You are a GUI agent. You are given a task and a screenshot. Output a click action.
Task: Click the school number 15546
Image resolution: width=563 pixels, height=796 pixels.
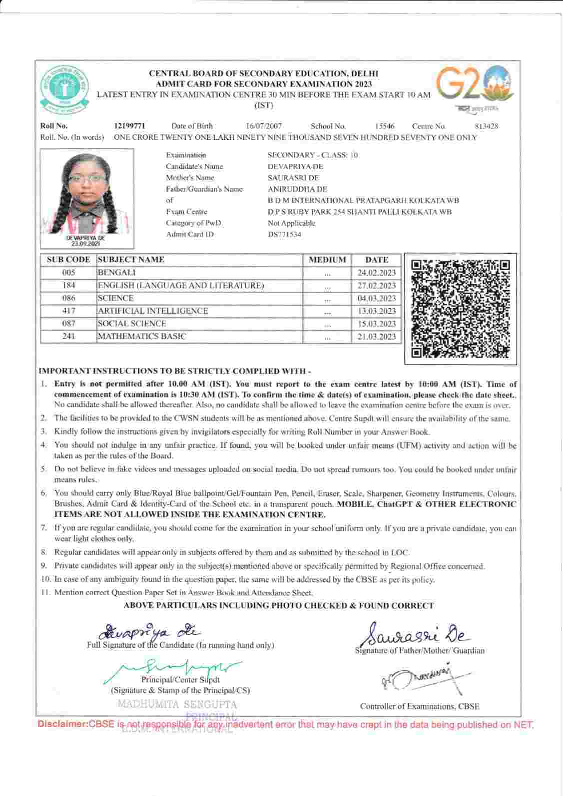[385, 126]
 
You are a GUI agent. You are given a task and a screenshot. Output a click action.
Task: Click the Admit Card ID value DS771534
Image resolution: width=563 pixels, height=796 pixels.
[285, 235]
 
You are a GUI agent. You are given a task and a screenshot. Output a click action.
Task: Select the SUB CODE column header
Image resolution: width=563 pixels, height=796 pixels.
[68, 260]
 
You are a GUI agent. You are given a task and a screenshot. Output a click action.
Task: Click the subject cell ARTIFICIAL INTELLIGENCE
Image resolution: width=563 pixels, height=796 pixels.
[153, 311]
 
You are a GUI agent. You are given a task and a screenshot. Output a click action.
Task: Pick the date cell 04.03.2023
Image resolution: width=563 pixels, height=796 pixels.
[377, 299]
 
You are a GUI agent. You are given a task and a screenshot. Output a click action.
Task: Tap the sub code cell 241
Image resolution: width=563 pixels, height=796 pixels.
[68, 337]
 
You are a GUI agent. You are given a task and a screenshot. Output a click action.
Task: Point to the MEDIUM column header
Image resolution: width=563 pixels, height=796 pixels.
[327, 260]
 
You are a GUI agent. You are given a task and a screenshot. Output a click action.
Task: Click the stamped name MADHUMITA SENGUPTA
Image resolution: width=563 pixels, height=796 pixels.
[177, 705]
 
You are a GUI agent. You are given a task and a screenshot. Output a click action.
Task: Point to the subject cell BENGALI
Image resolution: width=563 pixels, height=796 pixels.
[117, 273]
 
